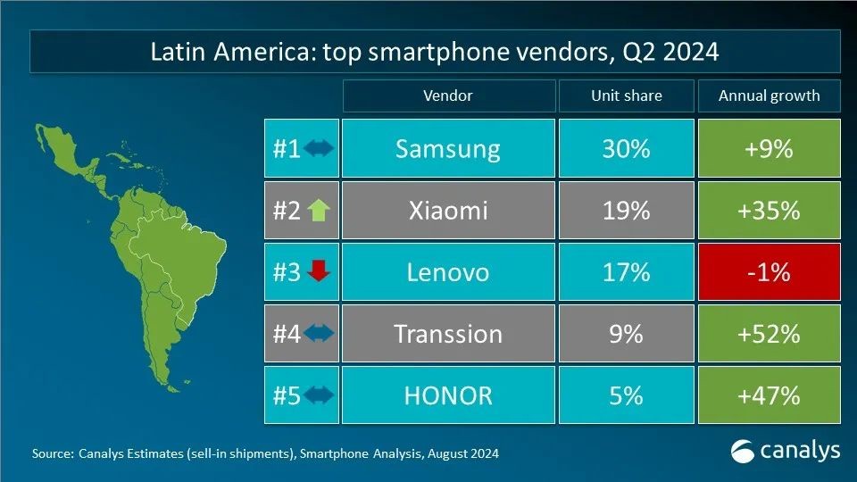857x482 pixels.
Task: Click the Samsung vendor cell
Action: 447,148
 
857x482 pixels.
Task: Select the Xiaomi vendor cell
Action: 447,210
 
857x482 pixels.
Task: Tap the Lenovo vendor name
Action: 447,271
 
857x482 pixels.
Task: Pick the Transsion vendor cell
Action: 447,333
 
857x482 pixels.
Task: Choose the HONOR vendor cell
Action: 447,395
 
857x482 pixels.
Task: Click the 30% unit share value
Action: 626,148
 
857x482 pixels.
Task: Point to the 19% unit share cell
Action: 626,210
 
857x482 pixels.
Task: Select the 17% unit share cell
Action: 626,271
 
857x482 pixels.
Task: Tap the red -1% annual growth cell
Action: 769,271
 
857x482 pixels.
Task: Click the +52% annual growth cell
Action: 769,333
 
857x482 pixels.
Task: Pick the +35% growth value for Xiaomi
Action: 769,210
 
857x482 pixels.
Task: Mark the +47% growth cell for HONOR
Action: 769,395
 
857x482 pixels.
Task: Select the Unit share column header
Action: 626,96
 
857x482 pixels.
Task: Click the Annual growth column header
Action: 769,96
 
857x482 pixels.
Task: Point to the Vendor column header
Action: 447,96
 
